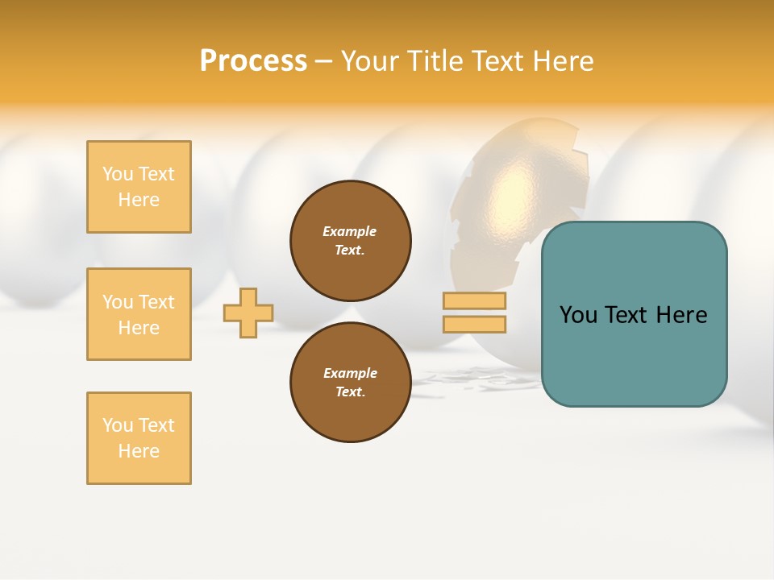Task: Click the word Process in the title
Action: (253, 61)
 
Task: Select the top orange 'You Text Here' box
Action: (139, 187)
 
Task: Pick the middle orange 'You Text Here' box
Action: (139, 314)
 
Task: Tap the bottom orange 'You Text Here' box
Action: (139, 438)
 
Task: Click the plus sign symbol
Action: (248, 313)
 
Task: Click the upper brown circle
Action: (350, 241)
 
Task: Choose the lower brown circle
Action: (350, 382)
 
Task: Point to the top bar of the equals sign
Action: (474, 300)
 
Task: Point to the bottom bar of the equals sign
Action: (474, 324)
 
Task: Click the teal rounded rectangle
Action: (634, 314)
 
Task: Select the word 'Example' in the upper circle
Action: (350, 232)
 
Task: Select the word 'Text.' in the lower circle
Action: (350, 392)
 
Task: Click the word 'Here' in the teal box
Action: (681, 315)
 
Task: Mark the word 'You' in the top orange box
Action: (118, 174)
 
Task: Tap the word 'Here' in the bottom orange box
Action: (139, 451)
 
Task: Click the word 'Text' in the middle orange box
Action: (156, 302)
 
